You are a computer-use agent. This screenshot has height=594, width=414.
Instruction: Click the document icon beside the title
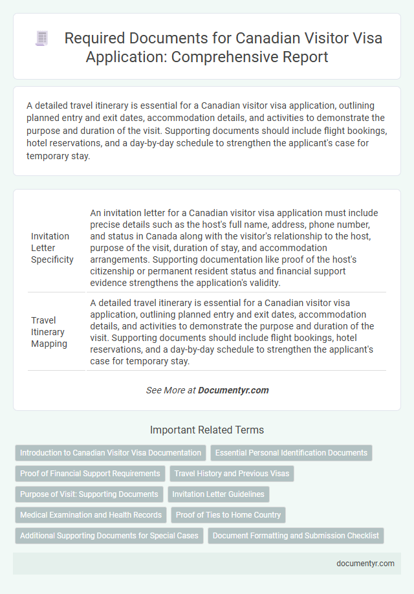click(x=41, y=39)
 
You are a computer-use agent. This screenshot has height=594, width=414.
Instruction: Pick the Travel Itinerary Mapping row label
click(x=49, y=332)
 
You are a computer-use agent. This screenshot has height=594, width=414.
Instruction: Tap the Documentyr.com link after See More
click(x=234, y=390)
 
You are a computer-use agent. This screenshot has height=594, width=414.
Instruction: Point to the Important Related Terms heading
click(x=207, y=430)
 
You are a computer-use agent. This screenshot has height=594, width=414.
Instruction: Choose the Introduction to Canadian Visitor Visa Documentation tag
click(x=111, y=453)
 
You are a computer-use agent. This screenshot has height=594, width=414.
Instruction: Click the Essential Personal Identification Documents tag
click(x=291, y=453)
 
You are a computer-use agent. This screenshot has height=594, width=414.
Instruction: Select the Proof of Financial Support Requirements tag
click(x=90, y=474)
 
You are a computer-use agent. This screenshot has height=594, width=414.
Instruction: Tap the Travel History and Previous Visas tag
click(x=232, y=474)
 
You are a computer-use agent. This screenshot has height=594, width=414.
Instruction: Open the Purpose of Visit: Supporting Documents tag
click(x=89, y=494)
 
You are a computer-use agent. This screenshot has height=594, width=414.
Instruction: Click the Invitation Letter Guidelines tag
click(x=219, y=494)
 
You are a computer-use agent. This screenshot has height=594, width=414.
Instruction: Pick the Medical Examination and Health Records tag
click(x=91, y=515)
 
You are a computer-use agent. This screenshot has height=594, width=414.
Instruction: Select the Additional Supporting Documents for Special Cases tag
click(x=109, y=536)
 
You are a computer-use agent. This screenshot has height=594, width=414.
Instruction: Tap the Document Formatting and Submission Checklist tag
click(x=296, y=536)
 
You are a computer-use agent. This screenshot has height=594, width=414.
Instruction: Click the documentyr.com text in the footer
click(x=365, y=564)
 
